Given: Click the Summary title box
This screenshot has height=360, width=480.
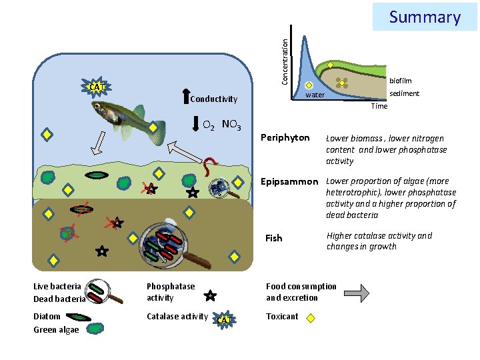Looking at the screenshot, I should [425, 17].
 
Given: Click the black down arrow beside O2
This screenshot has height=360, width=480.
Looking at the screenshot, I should [195, 124].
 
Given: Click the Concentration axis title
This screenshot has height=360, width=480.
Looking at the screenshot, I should [285, 61].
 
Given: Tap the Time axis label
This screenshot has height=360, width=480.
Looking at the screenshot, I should [379, 106].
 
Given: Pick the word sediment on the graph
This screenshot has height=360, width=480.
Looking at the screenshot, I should [405, 93].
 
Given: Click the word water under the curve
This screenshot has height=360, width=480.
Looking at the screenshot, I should [315, 95].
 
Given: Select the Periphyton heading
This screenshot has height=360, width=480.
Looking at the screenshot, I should [285, 138].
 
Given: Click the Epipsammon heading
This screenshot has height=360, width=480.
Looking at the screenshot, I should [289, 181].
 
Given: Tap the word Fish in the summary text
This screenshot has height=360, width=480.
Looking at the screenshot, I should [274, 238].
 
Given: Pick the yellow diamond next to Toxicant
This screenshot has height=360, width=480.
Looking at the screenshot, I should [311, 318].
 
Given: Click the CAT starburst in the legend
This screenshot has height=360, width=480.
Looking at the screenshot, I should [225, 320].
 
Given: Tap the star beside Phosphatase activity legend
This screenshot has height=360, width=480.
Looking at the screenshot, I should [209, 294].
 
